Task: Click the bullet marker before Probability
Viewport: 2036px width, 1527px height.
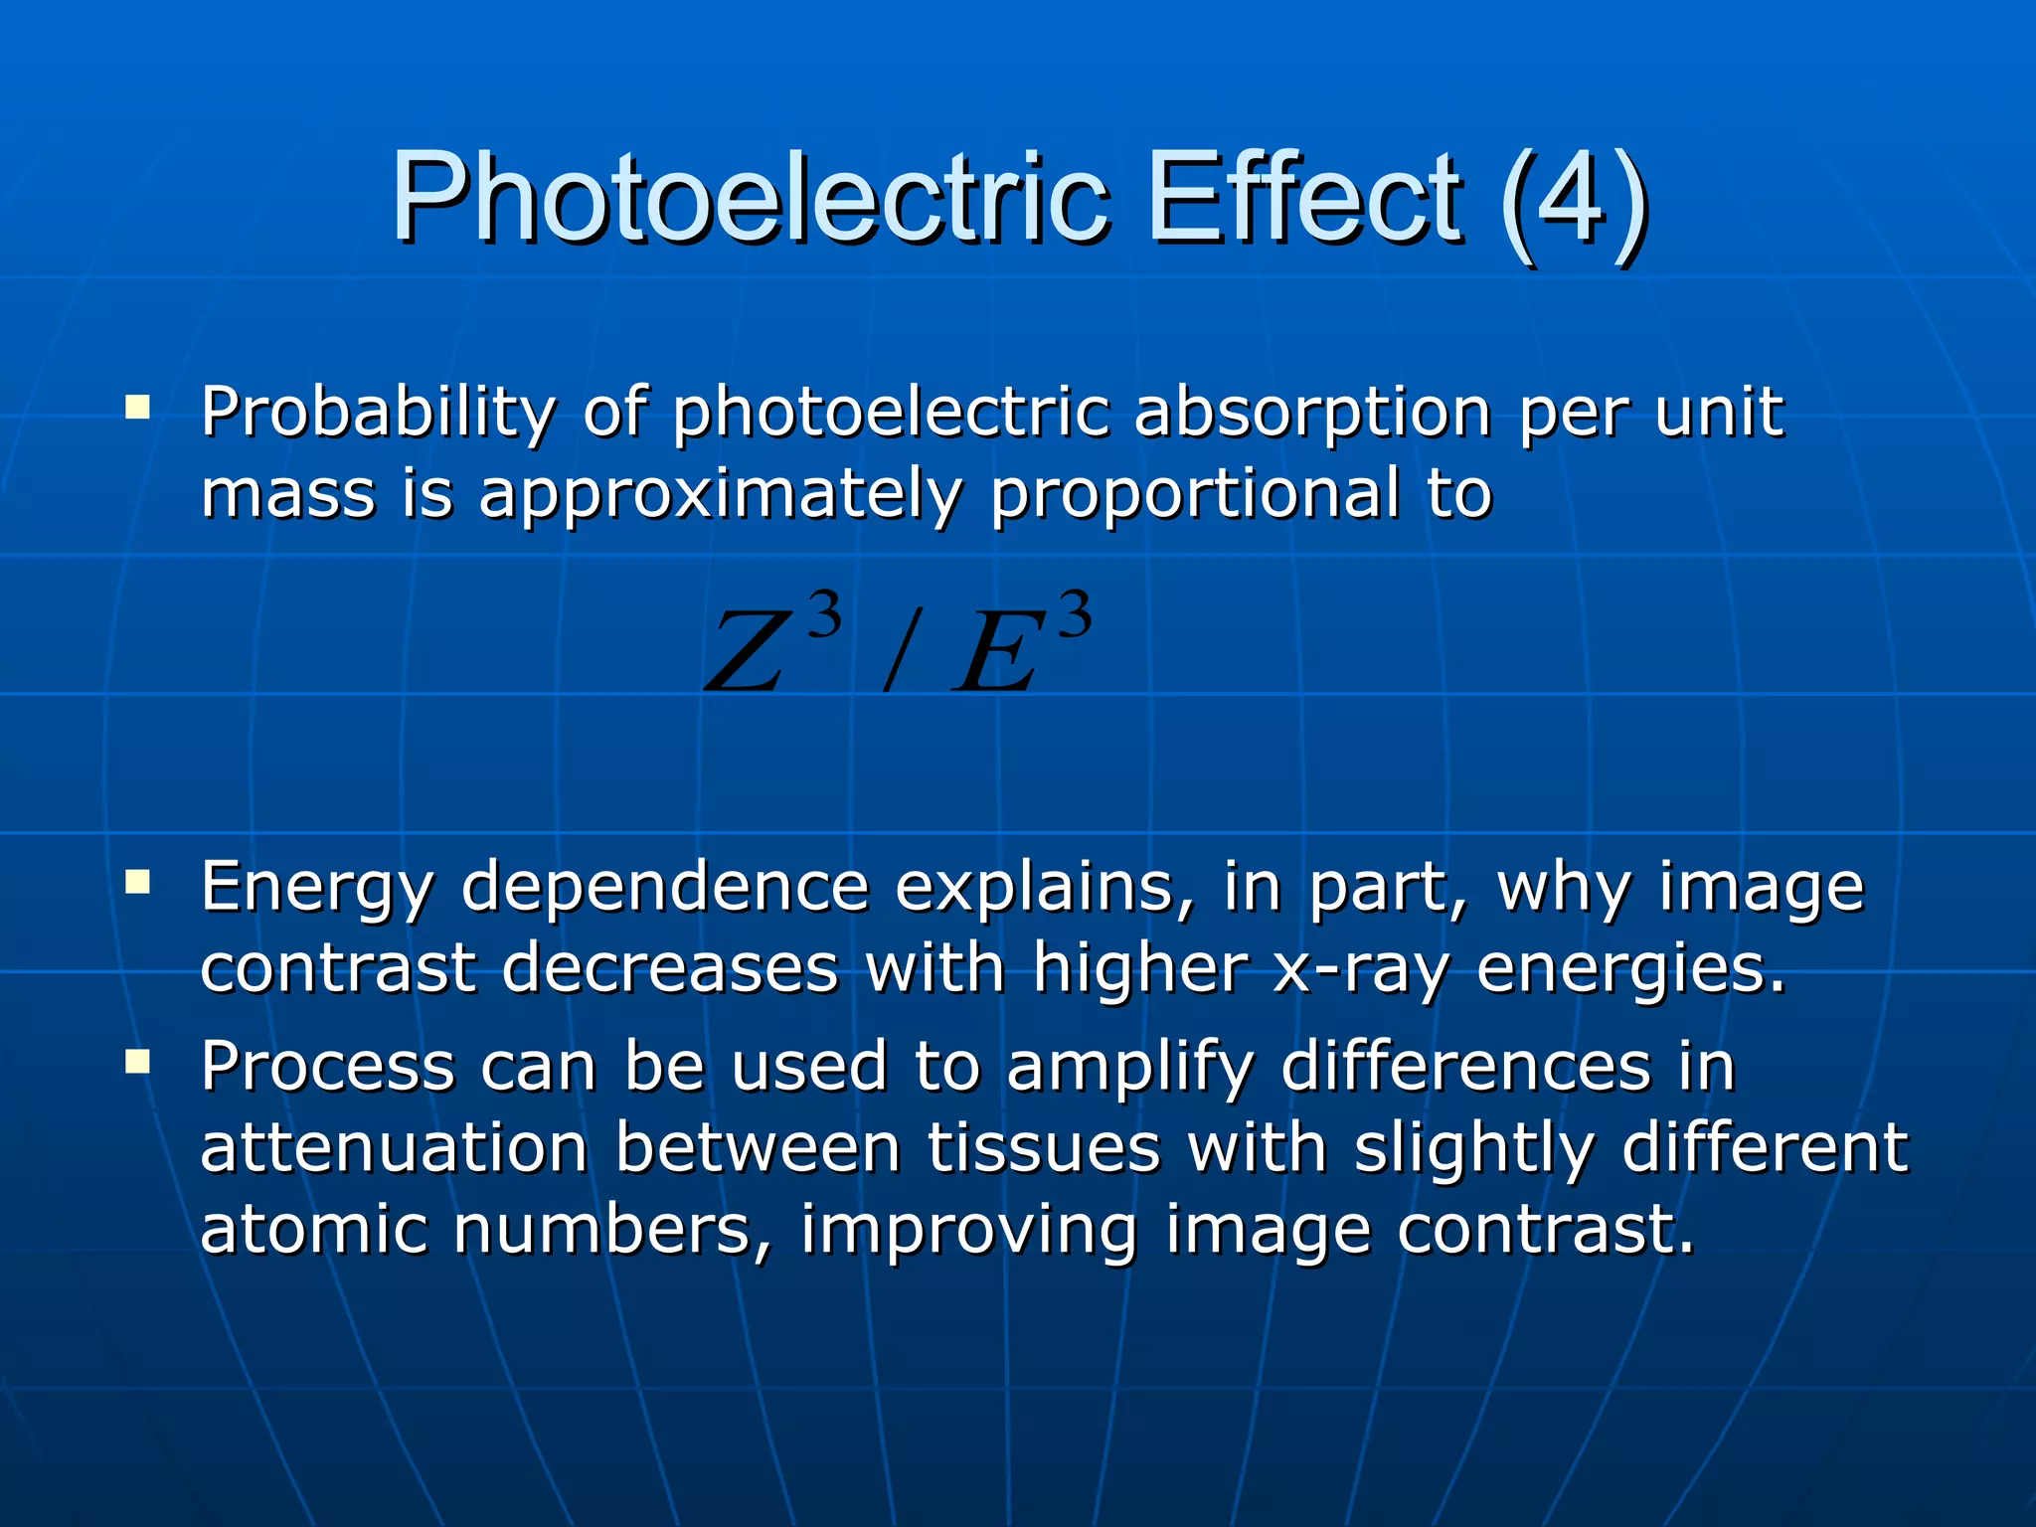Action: (138, 408)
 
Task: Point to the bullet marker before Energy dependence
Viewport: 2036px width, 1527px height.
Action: (138, 882)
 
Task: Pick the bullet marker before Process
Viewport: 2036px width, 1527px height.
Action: (138, 1063)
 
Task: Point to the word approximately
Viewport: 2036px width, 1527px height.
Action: (721, 495)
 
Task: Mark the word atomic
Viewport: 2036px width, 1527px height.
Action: (313, 1230)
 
